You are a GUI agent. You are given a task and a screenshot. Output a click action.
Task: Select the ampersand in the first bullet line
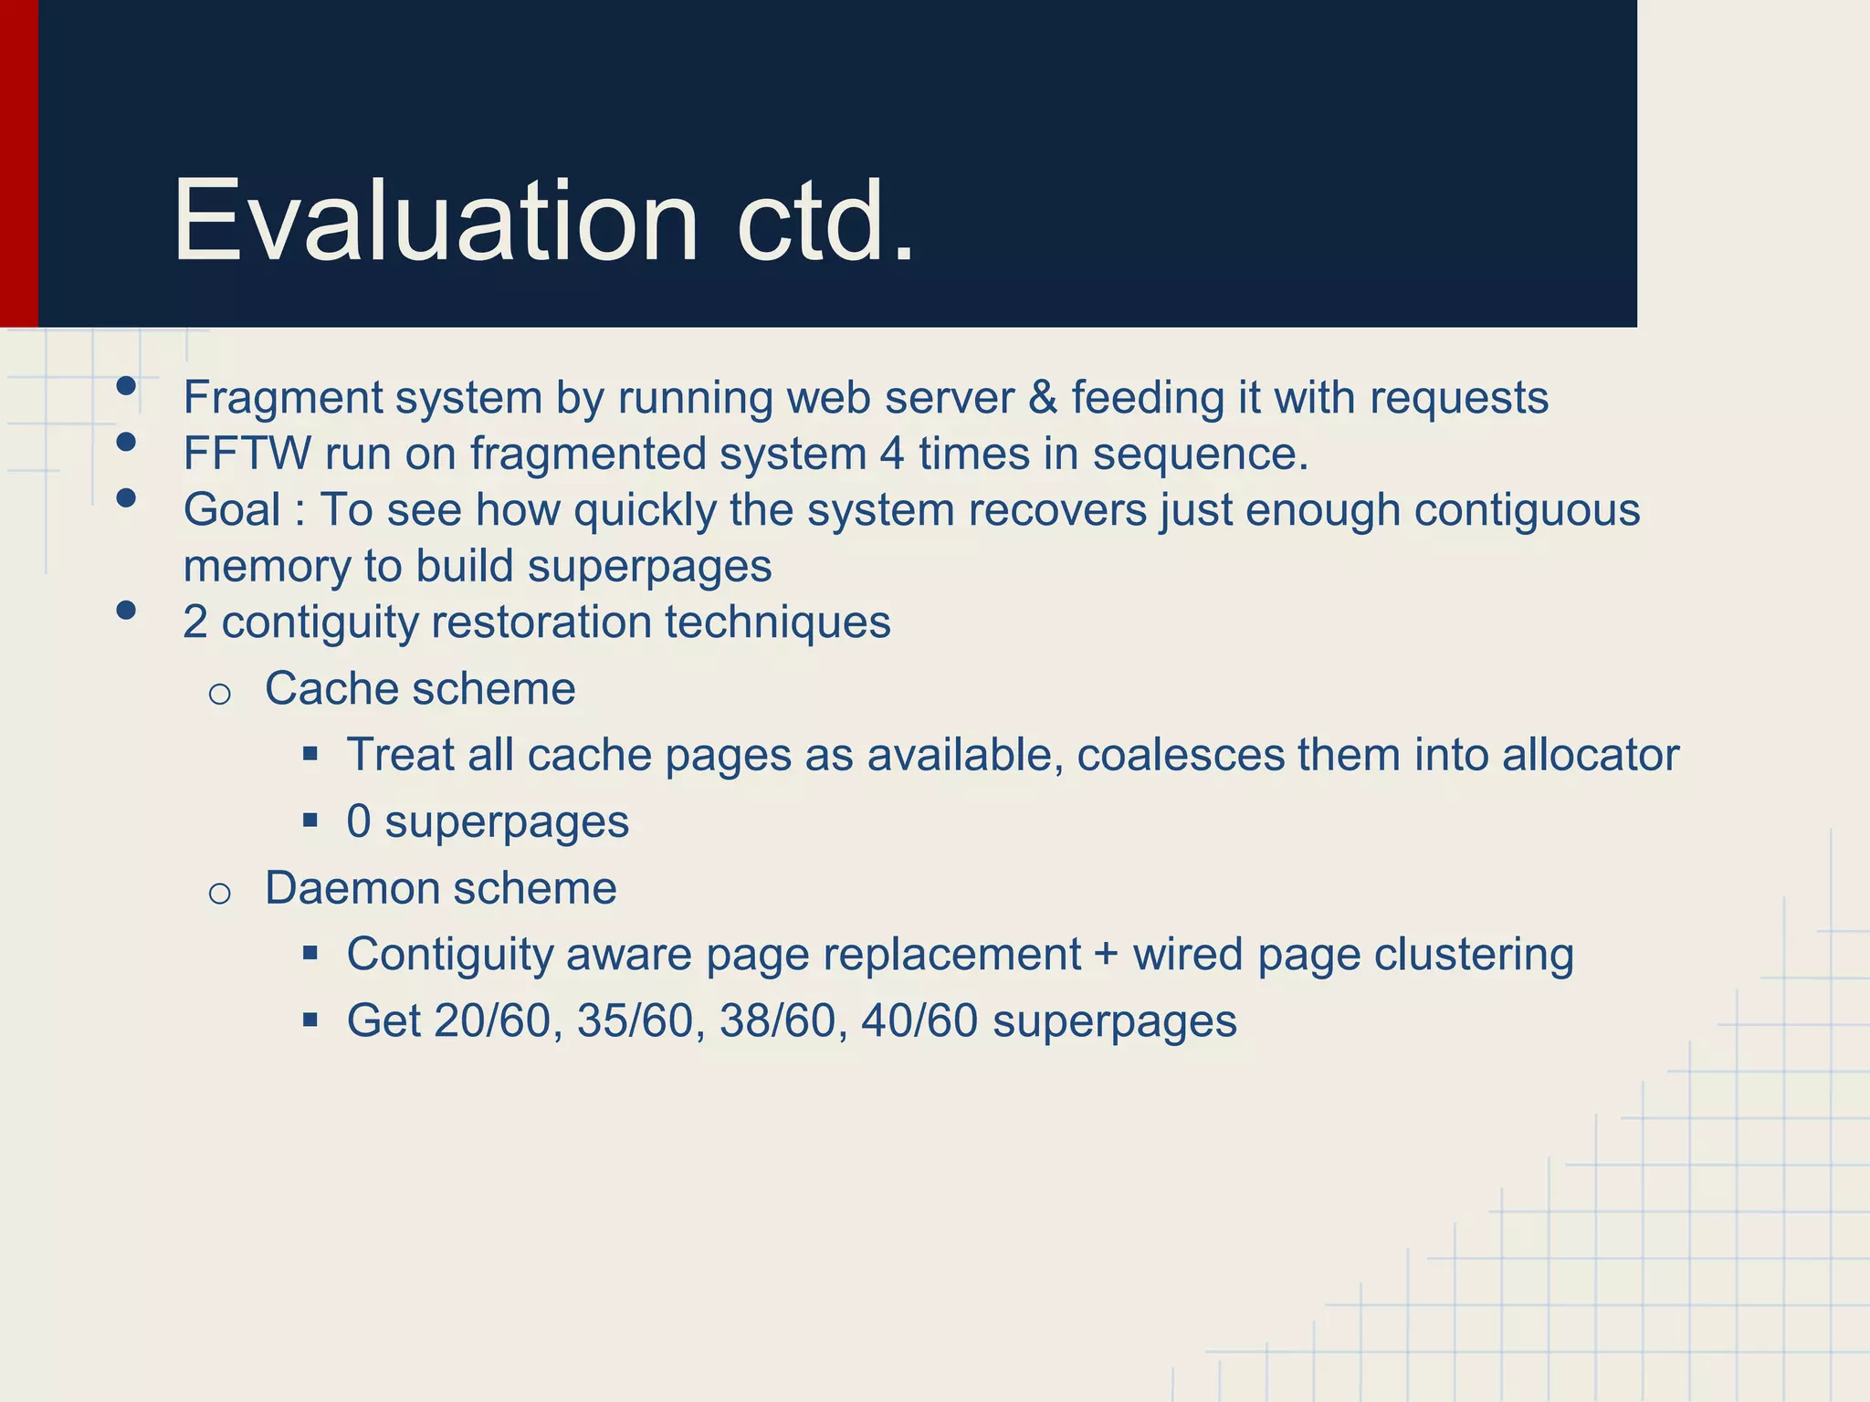(1042, 398)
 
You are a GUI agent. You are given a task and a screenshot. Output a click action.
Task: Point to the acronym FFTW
(247, 454)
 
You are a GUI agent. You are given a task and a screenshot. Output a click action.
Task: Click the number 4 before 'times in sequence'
(892, 454)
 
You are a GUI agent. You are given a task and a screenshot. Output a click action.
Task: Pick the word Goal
(232, 509)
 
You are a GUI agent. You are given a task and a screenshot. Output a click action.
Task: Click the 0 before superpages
(359, 821)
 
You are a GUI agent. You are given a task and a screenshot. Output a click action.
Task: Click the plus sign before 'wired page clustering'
(1106, 955)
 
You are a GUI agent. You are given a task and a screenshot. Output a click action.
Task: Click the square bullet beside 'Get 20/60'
(310, 1019)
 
